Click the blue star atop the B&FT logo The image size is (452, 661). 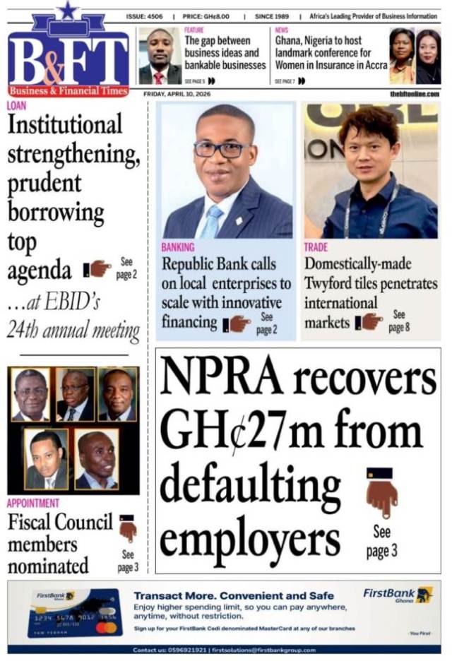click(68, 10)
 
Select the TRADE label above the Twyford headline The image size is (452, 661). click(316, 248)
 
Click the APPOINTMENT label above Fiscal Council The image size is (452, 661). click(33, 504)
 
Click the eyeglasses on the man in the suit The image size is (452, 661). click(222, 150)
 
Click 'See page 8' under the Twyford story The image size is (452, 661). click(398, 321)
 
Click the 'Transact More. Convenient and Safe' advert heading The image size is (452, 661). click(234, 595)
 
